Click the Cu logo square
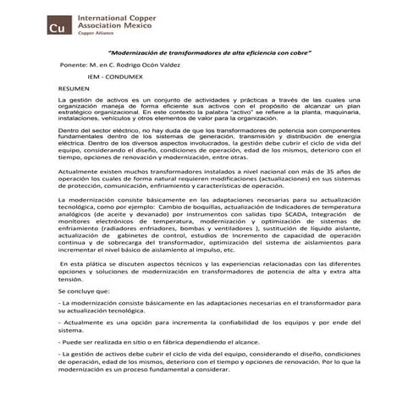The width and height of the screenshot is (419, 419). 59,26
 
